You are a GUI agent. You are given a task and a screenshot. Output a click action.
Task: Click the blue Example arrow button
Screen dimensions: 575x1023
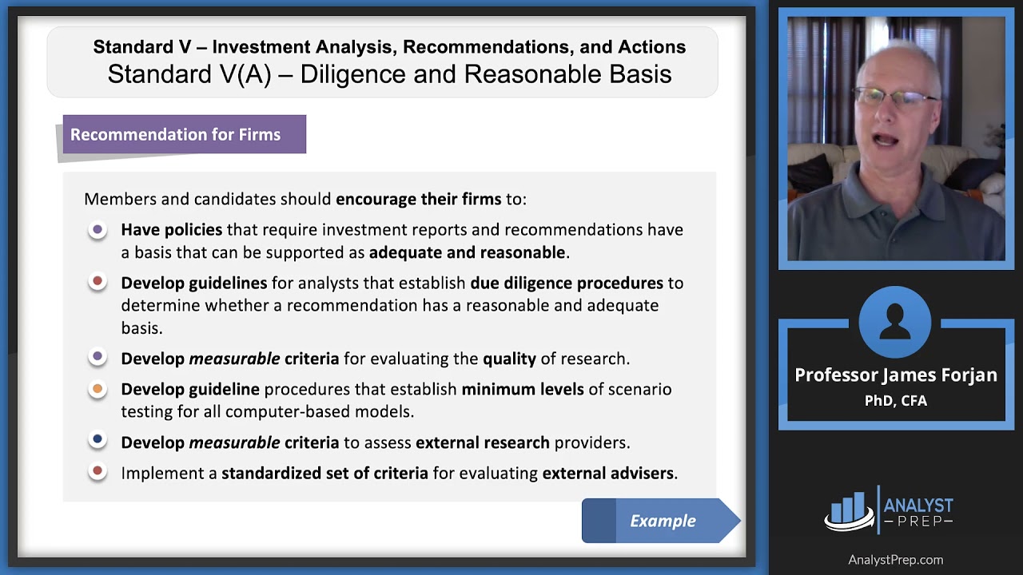(x=662, y=521)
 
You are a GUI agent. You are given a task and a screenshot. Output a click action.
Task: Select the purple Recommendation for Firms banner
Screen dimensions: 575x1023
(x=184, y=134)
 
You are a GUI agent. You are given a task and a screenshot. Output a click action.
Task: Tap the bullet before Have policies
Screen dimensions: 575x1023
(x=98, y=230)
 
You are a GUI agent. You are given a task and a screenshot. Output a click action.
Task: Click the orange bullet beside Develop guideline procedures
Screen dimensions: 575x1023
(x=98, y=390)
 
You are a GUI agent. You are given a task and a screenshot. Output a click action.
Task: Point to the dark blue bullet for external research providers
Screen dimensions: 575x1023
(x=98, y=439)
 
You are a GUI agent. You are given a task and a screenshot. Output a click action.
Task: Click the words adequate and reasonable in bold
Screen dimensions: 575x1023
(x=467, y=252)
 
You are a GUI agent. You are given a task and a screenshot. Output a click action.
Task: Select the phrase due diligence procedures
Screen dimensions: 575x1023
(x=567, y=283)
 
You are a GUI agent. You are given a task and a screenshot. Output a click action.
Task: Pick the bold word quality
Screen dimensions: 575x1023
(x=509, y=359)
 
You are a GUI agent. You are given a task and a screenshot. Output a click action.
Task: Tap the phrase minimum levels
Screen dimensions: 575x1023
(x=522, y=389)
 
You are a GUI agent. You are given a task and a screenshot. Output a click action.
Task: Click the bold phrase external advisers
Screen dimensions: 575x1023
(x=607, y=473)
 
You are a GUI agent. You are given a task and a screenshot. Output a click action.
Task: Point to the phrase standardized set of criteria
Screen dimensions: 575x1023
(x=324, y=473)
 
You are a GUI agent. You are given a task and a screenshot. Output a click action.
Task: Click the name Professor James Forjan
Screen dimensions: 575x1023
(x=896, y=375)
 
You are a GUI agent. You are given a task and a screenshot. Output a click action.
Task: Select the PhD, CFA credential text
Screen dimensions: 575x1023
(x=896, y=401)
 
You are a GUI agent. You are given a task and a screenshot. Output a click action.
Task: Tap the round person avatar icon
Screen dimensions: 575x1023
(x=895, y=323)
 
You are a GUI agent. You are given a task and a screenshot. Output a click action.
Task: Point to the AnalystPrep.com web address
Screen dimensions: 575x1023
(x=896, y=560)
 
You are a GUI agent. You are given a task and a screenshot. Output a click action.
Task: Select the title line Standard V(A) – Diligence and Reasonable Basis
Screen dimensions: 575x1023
(x=389, y=74)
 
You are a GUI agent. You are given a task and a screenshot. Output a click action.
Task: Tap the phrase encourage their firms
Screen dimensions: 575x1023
(x=418, y=199)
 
